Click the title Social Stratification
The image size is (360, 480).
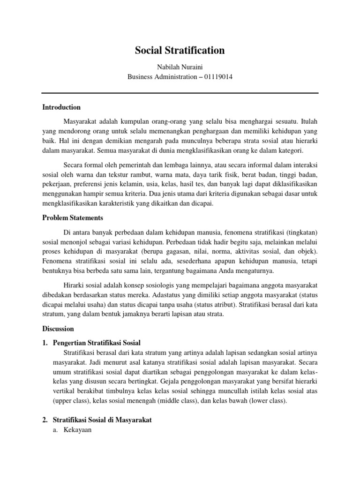tap(180, 51)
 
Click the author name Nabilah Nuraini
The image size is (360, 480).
tap(180, 67)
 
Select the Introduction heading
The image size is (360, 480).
tap(61, 107)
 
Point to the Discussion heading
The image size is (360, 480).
tap(58, 329)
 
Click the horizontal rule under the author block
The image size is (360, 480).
tap(180, 93)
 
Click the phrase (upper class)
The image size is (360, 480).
tap(71, 401)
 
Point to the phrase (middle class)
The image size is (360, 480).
tap(180, 401)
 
